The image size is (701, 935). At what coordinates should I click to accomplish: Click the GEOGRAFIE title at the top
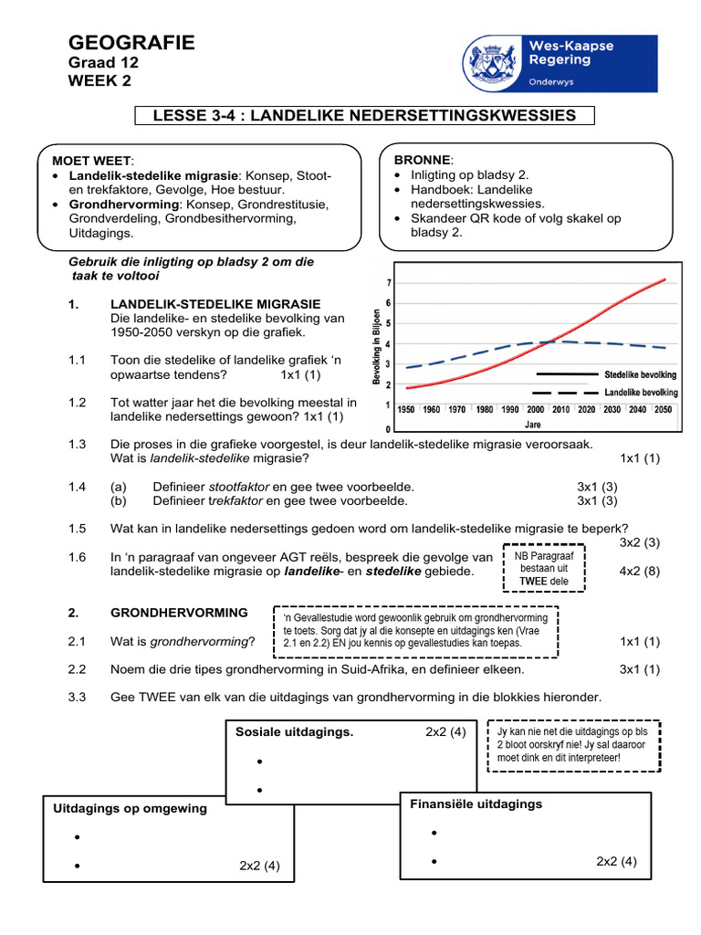click(131, 43)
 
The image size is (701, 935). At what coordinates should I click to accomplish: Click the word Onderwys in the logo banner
click(554, 80)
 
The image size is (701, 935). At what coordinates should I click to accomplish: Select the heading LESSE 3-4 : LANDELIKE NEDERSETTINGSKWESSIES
click(364, 115)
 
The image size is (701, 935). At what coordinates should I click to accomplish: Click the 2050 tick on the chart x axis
click(663, 410)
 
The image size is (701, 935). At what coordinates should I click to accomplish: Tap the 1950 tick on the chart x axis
click(405, 410)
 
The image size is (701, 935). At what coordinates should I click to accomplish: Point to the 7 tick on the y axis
click(390, 283)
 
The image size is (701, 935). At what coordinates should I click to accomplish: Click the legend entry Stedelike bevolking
click(640, 374)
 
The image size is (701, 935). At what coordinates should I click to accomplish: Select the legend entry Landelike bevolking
click(640, 393)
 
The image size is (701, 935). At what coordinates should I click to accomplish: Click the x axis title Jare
click(534, 425)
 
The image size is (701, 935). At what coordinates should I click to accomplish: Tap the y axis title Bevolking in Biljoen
click(377, 345)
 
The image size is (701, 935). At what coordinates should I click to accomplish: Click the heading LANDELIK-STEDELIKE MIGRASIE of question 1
click(214, 303)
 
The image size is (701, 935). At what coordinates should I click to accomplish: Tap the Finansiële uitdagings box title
click(476, 804)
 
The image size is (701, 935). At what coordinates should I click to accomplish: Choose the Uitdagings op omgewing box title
click(130, 808)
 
